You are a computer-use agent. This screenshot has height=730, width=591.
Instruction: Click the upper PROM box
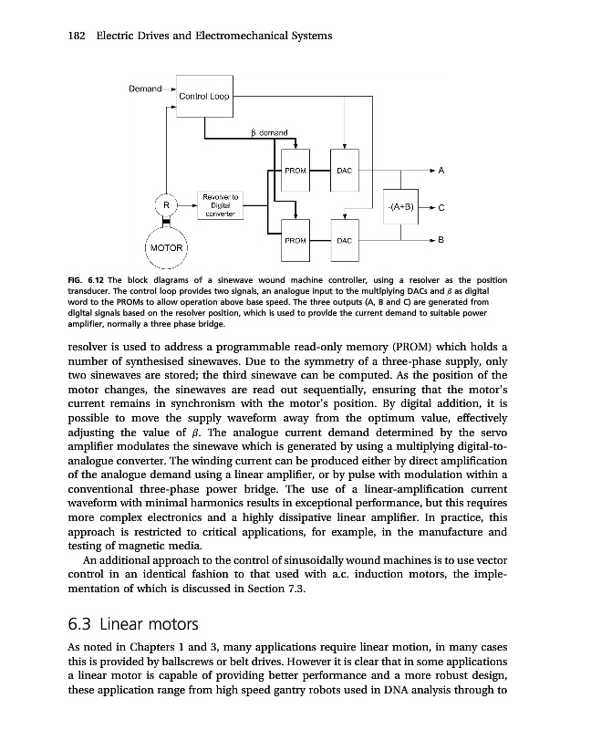pyautogui.click(x=295, y=170)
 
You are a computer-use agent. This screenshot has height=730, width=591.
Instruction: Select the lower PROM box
pyautogui.click(x=295, y=240)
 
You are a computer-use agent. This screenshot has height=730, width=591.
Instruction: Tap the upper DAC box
pyautogui.click(x=344, y=170)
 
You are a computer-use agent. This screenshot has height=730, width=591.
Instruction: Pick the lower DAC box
pyautogui.click(x=344, y=240)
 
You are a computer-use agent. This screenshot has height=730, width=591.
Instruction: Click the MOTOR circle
pyautogui.click(x=166, y=247)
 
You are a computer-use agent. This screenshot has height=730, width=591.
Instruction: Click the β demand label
pyautogui.click(x=269, y=133)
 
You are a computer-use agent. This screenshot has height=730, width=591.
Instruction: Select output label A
pyautogui.click(x=441, y=171)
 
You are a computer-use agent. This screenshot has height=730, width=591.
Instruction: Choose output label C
pyautogui.click(x=441, y=207)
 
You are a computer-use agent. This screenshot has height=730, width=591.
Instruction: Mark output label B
pyautogui.click(x=441, y=240)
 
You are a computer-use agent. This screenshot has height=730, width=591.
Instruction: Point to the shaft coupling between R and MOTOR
pyautogui.click(x=166, y=224)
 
